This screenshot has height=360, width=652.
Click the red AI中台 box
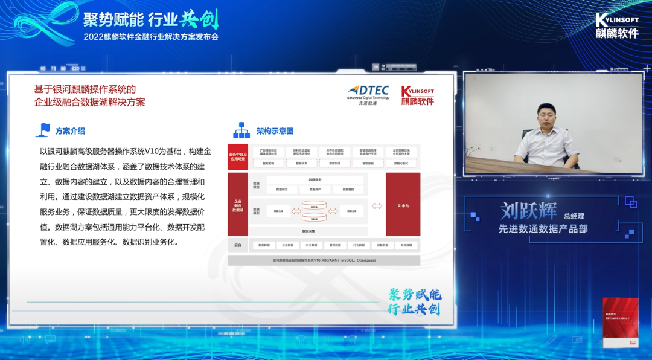pyautogui.click(x=403, y=205)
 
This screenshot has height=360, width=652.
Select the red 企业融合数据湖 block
pyautogui.click(x=238, y=205)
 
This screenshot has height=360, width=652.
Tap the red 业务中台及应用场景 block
pyautogui.click(x=238, y=156)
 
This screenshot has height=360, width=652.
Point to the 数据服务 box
pyautogui.click(x=315, y=180)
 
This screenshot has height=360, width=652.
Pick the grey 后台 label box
pyautogui.click(x=238, y=245)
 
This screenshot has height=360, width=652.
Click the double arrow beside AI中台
pyautogui.click(x=377, y=206)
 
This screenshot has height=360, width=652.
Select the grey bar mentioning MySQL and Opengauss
pyautogui.click(x=324, y=260)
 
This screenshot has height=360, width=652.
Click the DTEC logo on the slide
pyautogui.click(x=368, y=94)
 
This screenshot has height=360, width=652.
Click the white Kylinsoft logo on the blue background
pyautogui.click(x=616, y=25)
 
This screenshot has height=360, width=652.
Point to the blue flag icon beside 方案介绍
pyautogui.click(x=44, y=130)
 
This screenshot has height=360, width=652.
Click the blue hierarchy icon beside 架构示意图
pyautogui.click(x=241, y=130)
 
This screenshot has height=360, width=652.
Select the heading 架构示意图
pyautogui.click(x=275, y=131)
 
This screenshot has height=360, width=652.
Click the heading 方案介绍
pyautogui.click(x=70, y=130)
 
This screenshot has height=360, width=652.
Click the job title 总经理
pyautogui.click(x=575, y=216)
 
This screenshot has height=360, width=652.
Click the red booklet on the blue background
pyautogui.click(x=620, y=322)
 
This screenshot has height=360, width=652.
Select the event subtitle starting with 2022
pyautogui.click(x=151, y=36)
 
